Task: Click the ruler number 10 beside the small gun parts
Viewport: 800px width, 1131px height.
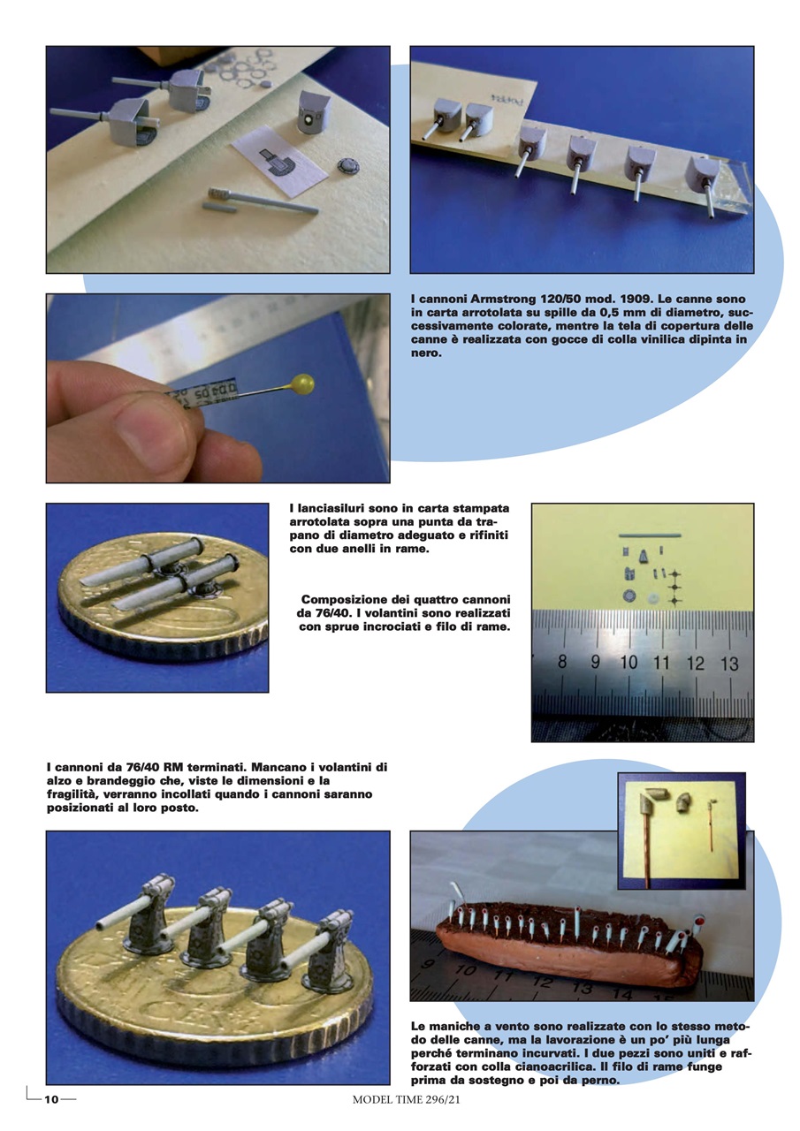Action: pyautogui.click(x=629, y=662)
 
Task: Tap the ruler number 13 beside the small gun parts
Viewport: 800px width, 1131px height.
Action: pyautogui.click(x=730, y=663)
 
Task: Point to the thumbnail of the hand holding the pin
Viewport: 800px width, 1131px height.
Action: pyautogui.click(x=217, y=388)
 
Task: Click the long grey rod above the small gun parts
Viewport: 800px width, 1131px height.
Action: pyautogui.click(x=650, y=535)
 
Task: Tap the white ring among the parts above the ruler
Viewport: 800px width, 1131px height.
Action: pyautogui.click(x=653, y=598)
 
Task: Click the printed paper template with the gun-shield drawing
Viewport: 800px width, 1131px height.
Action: pyautogui.click(x=280, y=162)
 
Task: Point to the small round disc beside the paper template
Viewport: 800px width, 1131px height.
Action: pyautogui.click(x=348, y=165)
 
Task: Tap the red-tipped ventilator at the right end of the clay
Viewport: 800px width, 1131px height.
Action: pyautogui.click(x=698, y=921)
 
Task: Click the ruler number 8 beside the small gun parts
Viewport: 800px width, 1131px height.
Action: pyautogui.click(x=562, y=662)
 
